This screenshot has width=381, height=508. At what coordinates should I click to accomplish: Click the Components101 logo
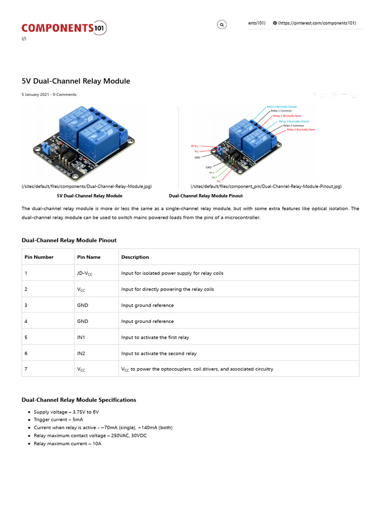[63, 28]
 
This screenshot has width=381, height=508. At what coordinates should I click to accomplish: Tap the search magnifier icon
[222, 24]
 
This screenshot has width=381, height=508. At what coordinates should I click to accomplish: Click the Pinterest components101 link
[317, 23]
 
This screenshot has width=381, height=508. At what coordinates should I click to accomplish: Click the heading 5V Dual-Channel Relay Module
[75, 81]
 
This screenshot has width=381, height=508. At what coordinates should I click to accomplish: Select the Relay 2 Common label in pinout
[294, 126]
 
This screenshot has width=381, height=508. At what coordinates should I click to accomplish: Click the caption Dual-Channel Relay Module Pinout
[205, 196]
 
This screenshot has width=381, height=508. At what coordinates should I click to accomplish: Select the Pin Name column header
[89, 257]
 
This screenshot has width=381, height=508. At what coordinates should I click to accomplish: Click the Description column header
[135, 257]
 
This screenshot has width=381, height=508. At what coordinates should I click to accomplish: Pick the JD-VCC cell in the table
[85, 273]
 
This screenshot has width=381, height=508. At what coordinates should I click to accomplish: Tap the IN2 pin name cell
[82, 353]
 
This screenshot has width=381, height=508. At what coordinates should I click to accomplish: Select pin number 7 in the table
[26, 369]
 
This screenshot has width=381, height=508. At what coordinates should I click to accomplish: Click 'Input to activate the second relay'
[159, 353]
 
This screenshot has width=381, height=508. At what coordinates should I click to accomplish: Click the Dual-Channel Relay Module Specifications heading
[79, 400]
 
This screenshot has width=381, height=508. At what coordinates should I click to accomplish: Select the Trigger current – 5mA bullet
[58, 420]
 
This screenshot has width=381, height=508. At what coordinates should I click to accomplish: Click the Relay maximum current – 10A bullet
[67, 444]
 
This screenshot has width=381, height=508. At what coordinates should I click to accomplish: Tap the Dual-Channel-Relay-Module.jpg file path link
[86, 187]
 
